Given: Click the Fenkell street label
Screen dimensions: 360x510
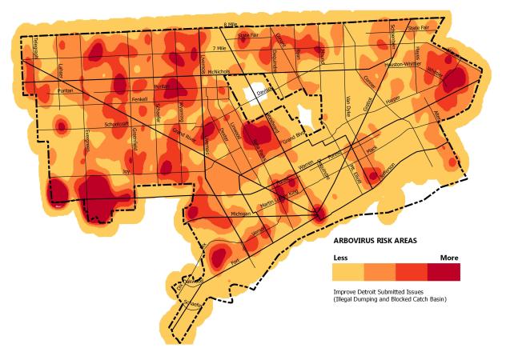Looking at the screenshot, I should [x=139, y=100].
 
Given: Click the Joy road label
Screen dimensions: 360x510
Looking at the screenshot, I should [x=125, y=170].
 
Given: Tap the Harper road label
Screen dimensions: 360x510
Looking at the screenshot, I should [x=392, y=101].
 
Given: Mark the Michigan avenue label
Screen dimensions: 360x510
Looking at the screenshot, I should [x=240, y=214].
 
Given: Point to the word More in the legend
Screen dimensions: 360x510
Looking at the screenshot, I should [x=448, y=258].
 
